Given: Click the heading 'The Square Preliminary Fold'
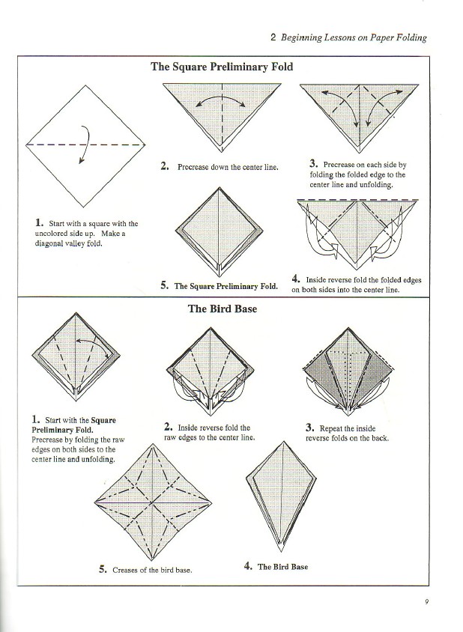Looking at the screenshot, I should click(222, 66).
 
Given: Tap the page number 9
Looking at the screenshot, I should click(425, 599).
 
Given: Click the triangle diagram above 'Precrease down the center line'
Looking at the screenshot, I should click(223, 112).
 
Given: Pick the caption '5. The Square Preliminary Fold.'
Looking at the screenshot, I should click(219, 286).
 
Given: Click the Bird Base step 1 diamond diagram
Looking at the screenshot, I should click(76, 358).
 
